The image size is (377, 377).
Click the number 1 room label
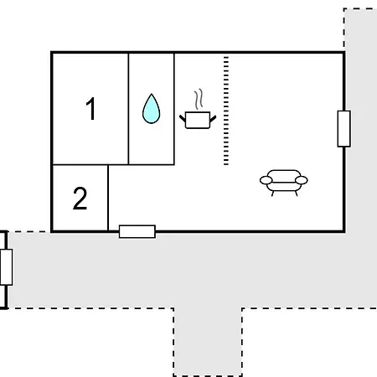91,108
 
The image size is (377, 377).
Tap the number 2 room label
80,198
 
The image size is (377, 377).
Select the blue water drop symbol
152,109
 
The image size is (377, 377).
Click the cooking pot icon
198,120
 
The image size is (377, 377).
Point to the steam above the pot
199,99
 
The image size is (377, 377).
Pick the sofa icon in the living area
284,183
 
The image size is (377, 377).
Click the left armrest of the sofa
266,180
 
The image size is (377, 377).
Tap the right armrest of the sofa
302,180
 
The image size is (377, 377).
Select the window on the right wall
344,129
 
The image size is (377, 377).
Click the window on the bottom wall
137,231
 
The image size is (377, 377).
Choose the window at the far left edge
6,267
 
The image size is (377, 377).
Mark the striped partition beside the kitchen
226,111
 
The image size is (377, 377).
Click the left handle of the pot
183,118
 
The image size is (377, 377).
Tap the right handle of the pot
213,119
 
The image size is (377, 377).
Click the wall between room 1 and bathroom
128,109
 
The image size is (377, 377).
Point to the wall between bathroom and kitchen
174,109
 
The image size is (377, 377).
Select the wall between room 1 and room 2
80,165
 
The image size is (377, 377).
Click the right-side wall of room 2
108,198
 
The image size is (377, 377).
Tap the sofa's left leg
272,194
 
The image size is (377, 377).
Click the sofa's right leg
297,194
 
